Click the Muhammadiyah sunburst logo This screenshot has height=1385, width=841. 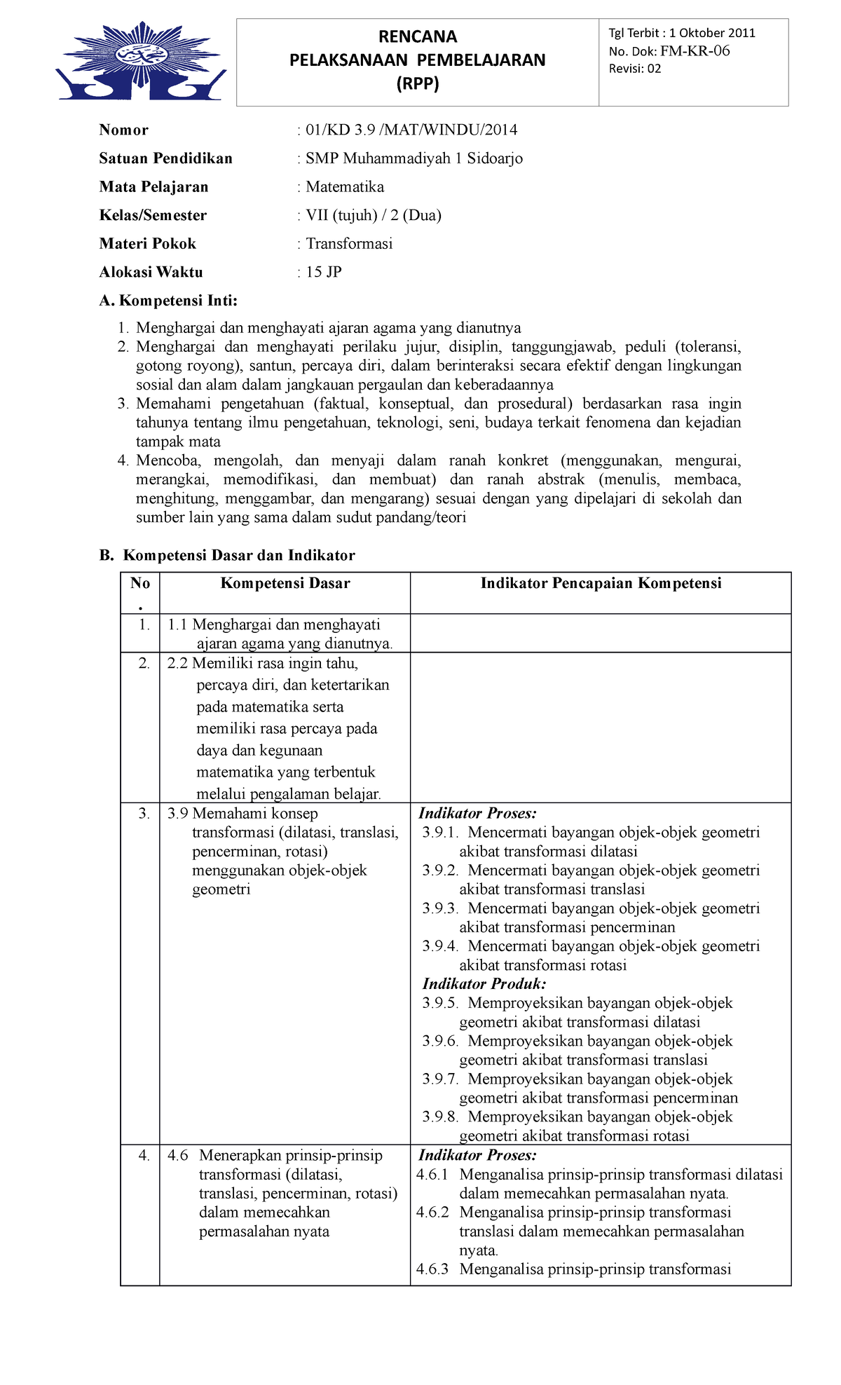click(x=142, y=61)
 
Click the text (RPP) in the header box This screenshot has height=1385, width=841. click(x=418, y=83)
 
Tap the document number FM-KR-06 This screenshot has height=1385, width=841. click(x=695, y=50)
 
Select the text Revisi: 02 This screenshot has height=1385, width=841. click(x=634, y=69)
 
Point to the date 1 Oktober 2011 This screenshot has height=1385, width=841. click(x=712, y=33)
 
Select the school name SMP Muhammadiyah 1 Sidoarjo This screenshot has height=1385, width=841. click(x=413, y=158)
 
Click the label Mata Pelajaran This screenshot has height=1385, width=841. click(x=153, y=186)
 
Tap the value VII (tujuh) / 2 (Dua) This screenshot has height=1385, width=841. click(x=373, y=215)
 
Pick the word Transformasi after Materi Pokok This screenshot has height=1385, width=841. click(x=349, y=244)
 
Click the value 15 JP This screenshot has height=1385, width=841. click(x=323, y=272)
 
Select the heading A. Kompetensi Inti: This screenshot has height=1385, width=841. click(x=168, y=301)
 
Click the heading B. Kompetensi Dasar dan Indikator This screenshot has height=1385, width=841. click(x=227, y=555)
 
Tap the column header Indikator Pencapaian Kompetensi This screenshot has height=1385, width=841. click(x=601, y=583)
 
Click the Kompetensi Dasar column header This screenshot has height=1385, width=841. click(x=285, y=583)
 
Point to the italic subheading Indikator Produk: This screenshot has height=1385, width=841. click(x=484, y=983)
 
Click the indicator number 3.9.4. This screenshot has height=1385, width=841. click(x=439, y=946)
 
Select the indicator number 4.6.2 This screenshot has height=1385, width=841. click(x=432, y=1212)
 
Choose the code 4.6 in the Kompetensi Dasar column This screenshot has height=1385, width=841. click(x=177, y=1155)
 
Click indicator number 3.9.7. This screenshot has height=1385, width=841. click(x=439, y=1079)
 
